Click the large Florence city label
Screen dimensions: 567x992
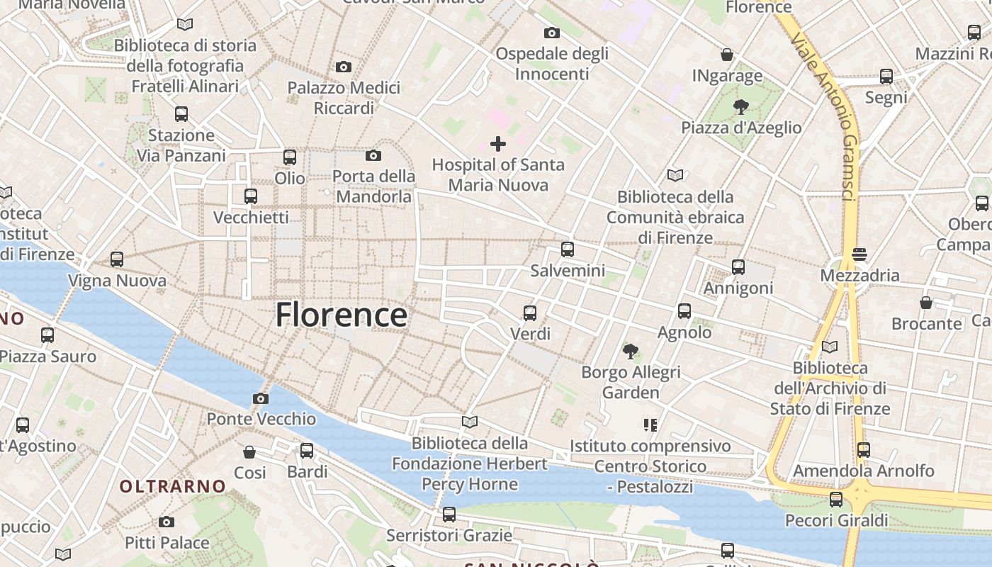341,315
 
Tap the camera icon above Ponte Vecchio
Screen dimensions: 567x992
261,398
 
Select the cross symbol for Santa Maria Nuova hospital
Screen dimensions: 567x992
498,144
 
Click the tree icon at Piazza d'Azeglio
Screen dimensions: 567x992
741,107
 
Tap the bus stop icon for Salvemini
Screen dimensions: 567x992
568,249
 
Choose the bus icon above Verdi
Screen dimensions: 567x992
530,313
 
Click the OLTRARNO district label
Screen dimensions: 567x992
173,487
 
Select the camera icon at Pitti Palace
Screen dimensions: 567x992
167,522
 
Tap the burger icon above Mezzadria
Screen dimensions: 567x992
859,254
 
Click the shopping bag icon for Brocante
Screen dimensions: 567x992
926,303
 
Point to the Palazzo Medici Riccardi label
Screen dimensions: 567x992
344,98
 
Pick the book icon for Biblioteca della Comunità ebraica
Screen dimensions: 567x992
675,175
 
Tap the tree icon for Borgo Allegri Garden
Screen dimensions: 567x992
631,351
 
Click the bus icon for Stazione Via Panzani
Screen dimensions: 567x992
181,114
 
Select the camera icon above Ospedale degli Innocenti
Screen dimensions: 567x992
552,33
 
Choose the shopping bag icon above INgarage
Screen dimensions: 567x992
727,55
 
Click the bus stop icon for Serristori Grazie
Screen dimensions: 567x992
449,515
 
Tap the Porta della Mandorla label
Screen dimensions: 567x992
373,186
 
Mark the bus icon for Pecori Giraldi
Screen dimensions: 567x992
836,500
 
